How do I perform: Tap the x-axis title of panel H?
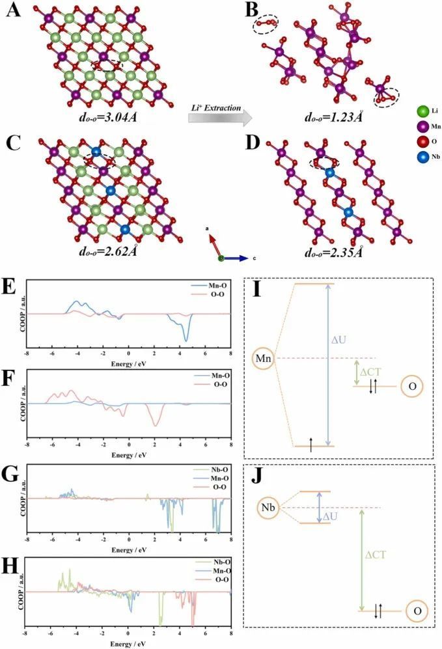[128, 642]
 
